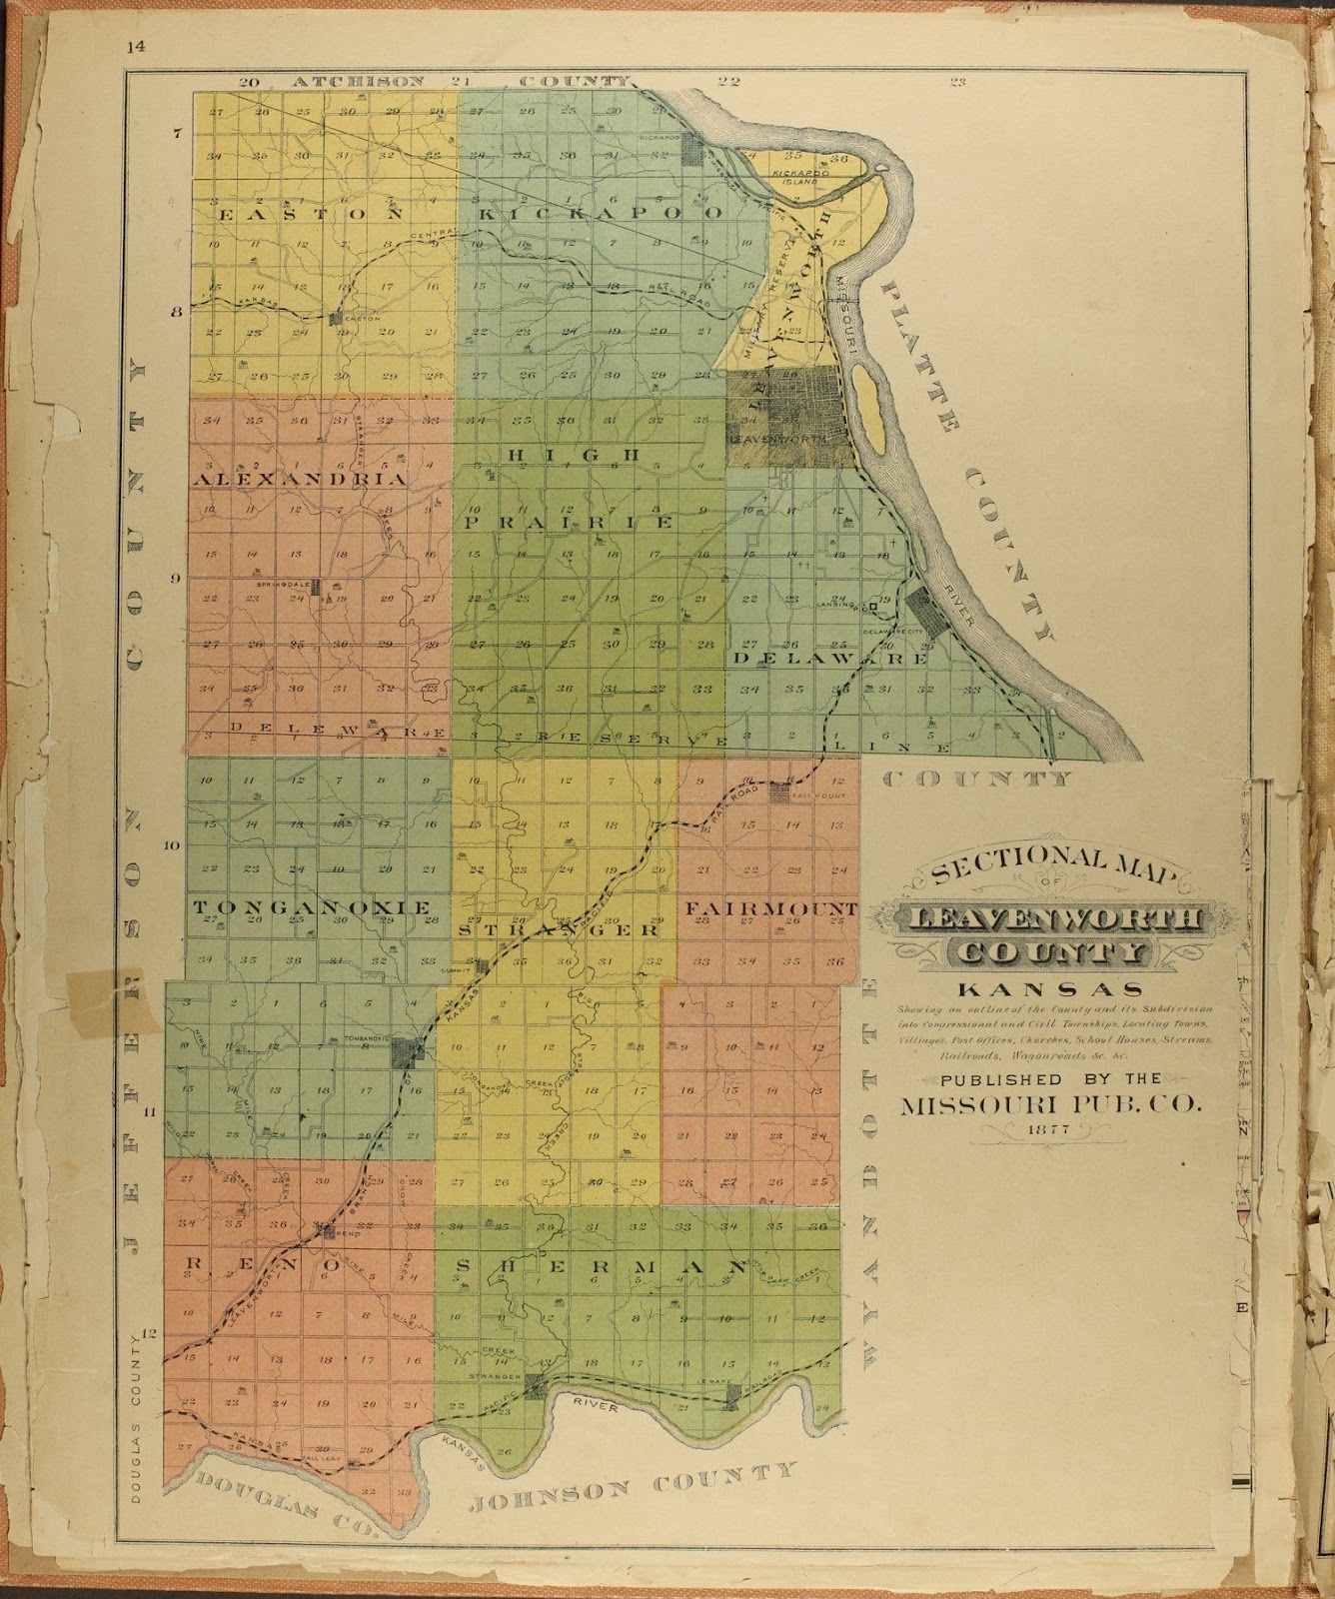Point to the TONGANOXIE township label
312,906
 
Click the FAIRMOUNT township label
770,908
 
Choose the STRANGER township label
559,929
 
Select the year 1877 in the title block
1053,1129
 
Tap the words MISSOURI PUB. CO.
1053,1104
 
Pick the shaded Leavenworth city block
789,415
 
